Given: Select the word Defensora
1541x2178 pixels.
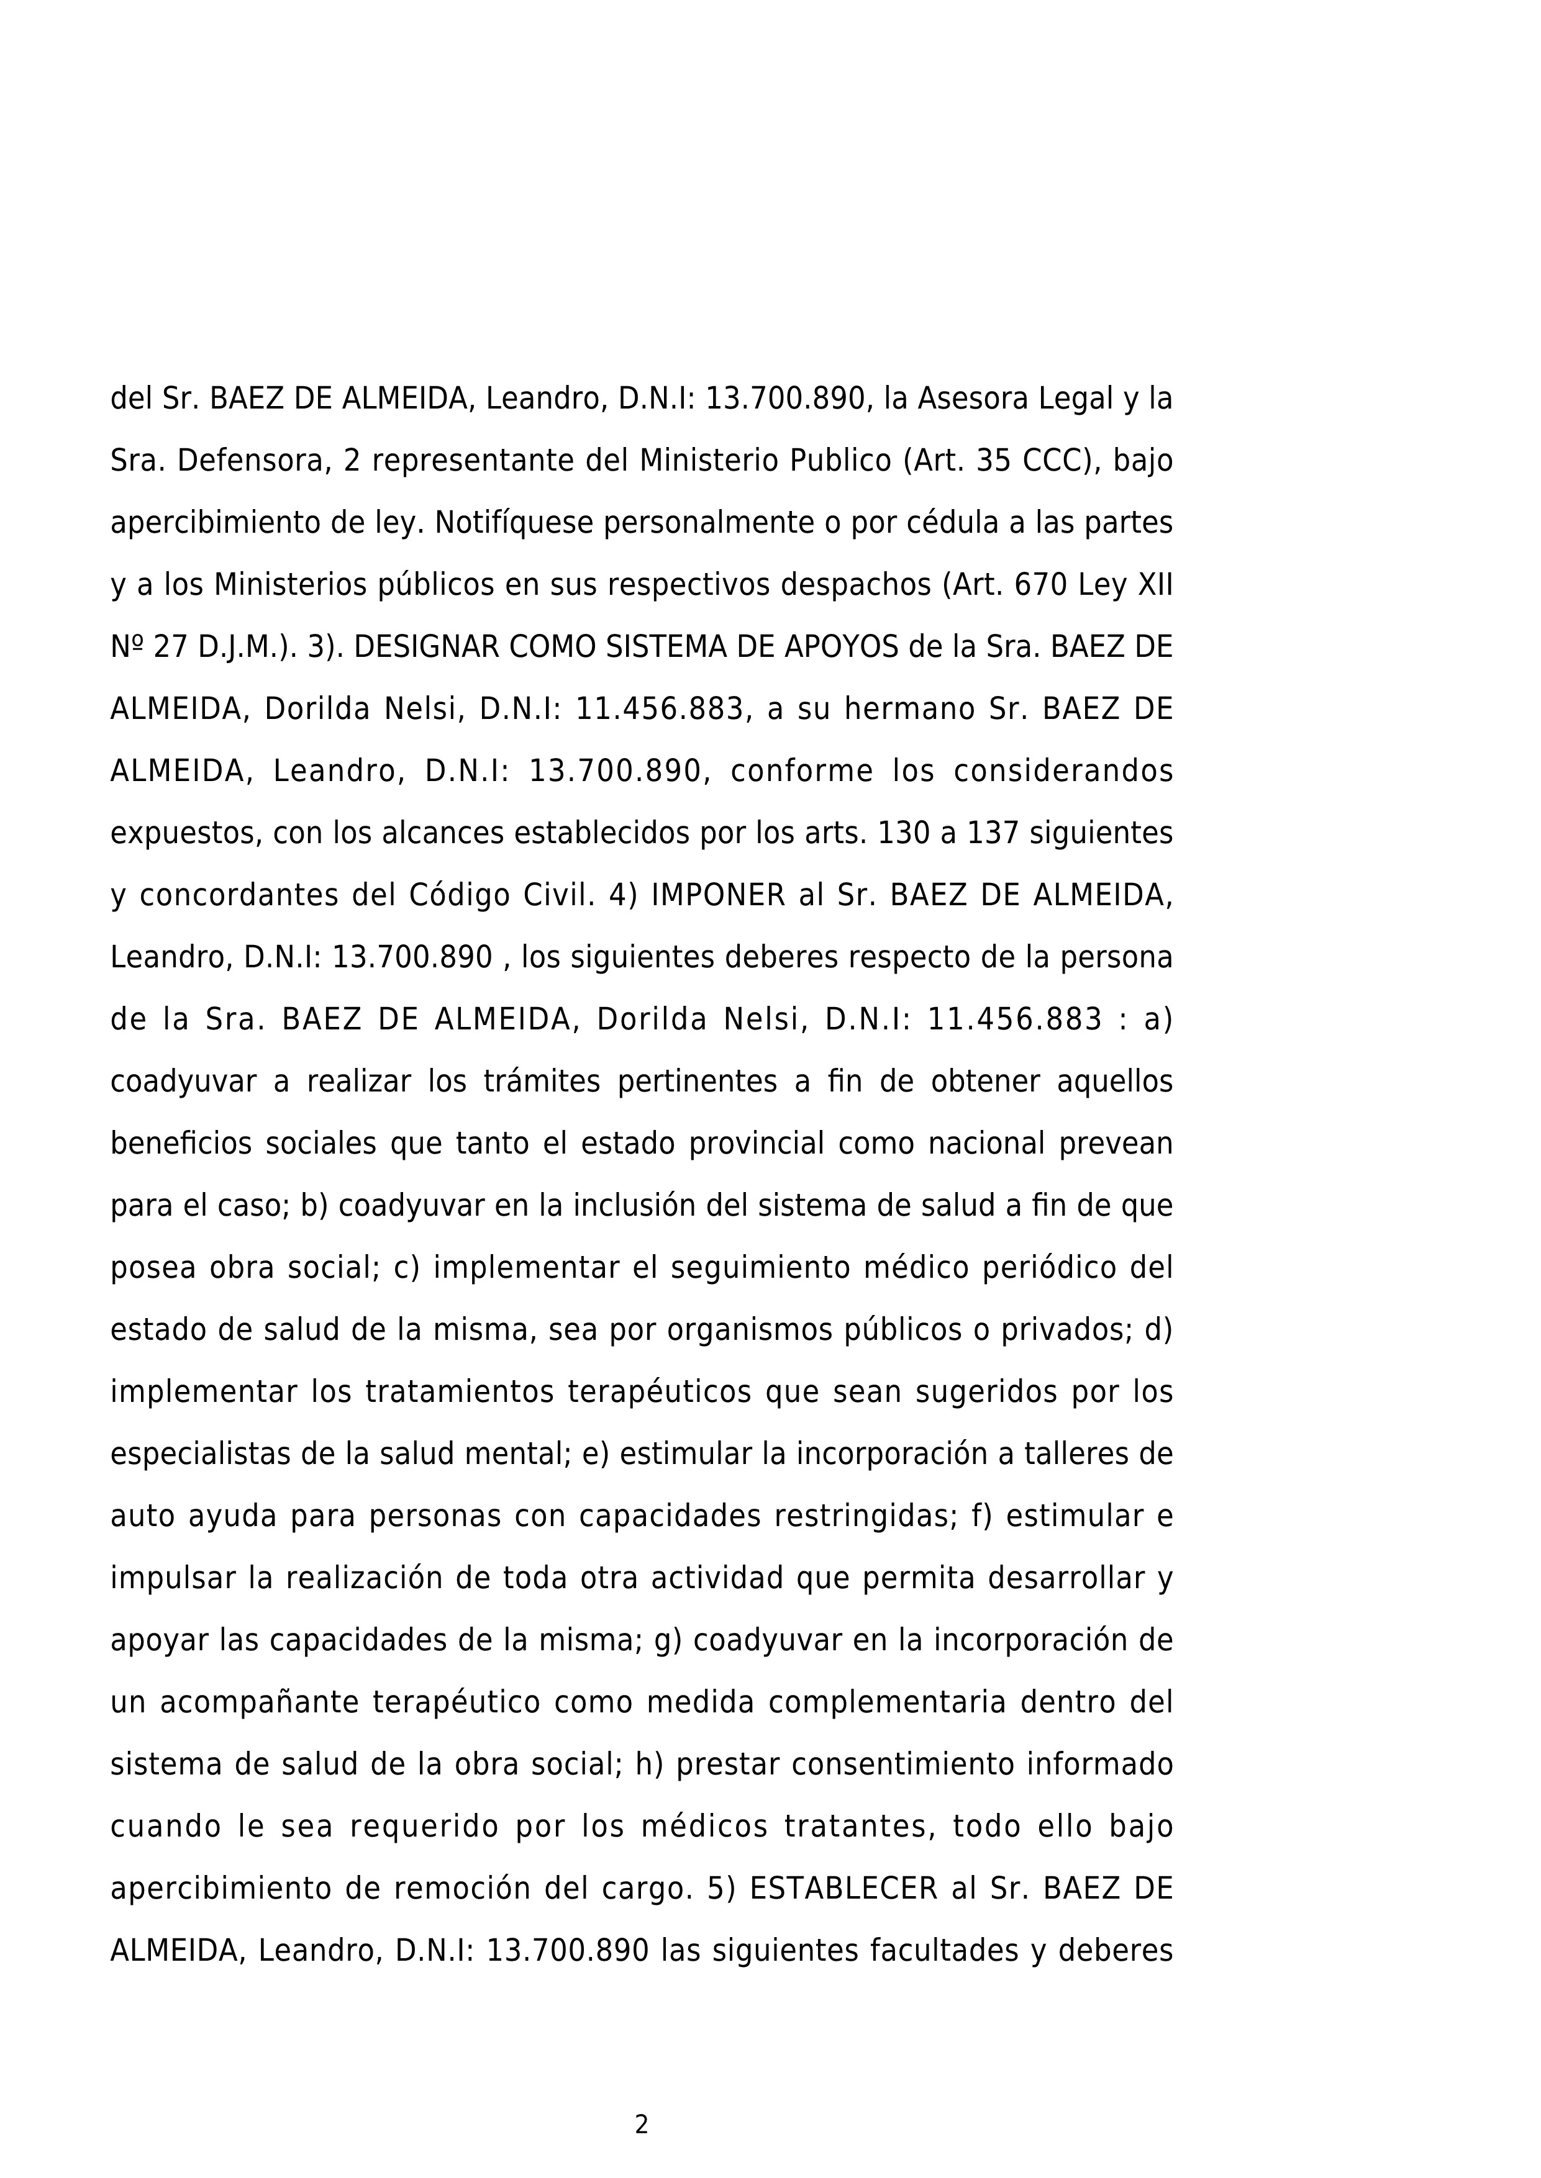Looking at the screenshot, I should [x=250, y=461].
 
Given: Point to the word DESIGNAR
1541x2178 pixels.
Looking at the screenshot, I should [x=426, y=647].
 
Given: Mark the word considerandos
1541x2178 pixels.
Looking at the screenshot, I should [x=1063, y=771].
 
